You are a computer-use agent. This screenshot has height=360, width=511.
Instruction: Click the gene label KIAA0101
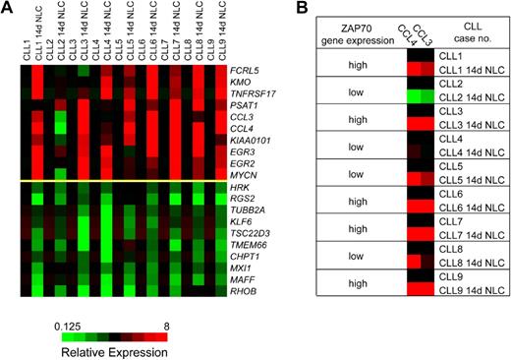click(251, 138)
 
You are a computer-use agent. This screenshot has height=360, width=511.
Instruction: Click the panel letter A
click(8, 10)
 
